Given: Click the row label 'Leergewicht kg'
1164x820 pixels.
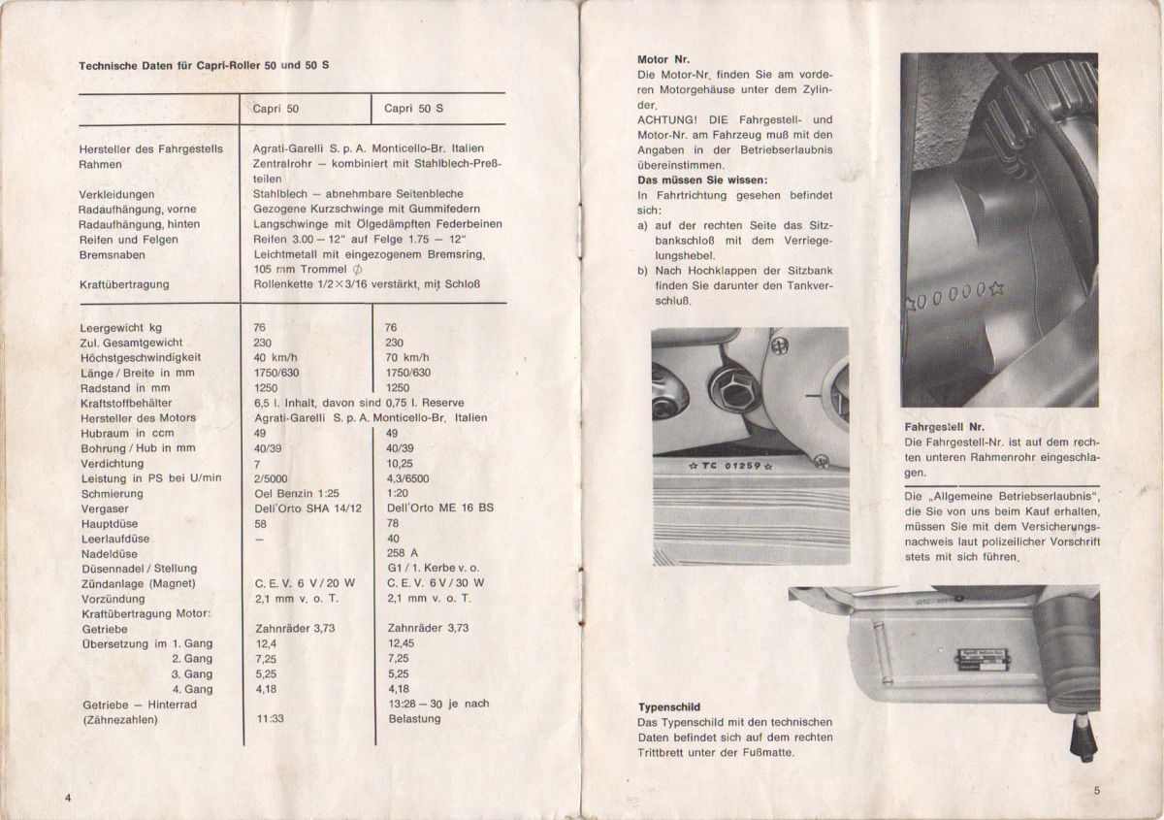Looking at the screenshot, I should click(x=121, y=328).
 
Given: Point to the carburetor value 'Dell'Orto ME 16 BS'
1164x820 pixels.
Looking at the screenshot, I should click(x=439, y=508).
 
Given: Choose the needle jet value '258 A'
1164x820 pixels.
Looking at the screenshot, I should click(x=402, y=553).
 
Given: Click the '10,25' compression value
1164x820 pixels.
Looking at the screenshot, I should click(x=400, y=464).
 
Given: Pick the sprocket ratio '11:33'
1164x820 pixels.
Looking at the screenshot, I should click(x=270, y=719).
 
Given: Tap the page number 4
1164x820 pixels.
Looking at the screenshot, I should click(x=69, y=797).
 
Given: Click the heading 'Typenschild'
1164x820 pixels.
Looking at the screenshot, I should click(x=669, y=707).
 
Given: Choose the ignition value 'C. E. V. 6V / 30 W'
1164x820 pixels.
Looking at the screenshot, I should click(x=436, y=583).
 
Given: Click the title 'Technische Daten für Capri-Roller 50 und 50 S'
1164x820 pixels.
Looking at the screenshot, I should click(x=210, y=65).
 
